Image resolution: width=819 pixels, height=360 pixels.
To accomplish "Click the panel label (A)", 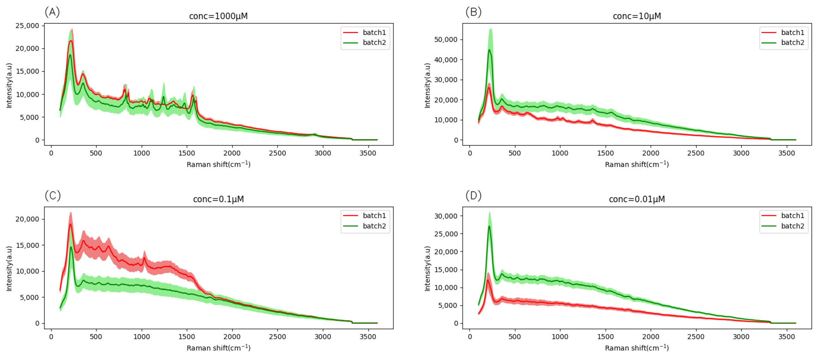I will [52, 12].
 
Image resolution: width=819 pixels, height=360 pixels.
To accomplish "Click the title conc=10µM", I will [636, 16].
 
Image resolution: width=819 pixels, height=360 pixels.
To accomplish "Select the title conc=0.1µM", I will [219, 199].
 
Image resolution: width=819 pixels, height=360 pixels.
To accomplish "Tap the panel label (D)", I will [473, 196].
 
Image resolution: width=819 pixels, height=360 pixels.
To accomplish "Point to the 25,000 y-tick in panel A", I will [27, 26].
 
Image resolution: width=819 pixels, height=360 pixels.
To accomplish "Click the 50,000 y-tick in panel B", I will [446, 39].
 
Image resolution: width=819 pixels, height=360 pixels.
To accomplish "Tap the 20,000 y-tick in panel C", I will [27, 219].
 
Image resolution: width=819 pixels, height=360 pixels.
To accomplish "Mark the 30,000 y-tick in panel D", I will [446, 216].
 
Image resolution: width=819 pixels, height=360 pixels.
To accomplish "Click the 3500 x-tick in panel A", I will [368, 153].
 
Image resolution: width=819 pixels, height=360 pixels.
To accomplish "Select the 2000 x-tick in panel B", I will [651, 153].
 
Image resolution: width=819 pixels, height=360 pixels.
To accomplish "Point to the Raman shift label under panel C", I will [219, 348].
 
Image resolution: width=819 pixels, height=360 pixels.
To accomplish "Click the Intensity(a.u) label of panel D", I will [427, 269].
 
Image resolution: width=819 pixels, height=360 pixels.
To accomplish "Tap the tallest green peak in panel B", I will [490, 50].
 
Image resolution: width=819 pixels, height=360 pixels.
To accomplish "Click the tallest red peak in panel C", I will [71, 224].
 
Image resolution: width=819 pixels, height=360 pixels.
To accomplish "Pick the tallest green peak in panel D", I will [489, 226].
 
